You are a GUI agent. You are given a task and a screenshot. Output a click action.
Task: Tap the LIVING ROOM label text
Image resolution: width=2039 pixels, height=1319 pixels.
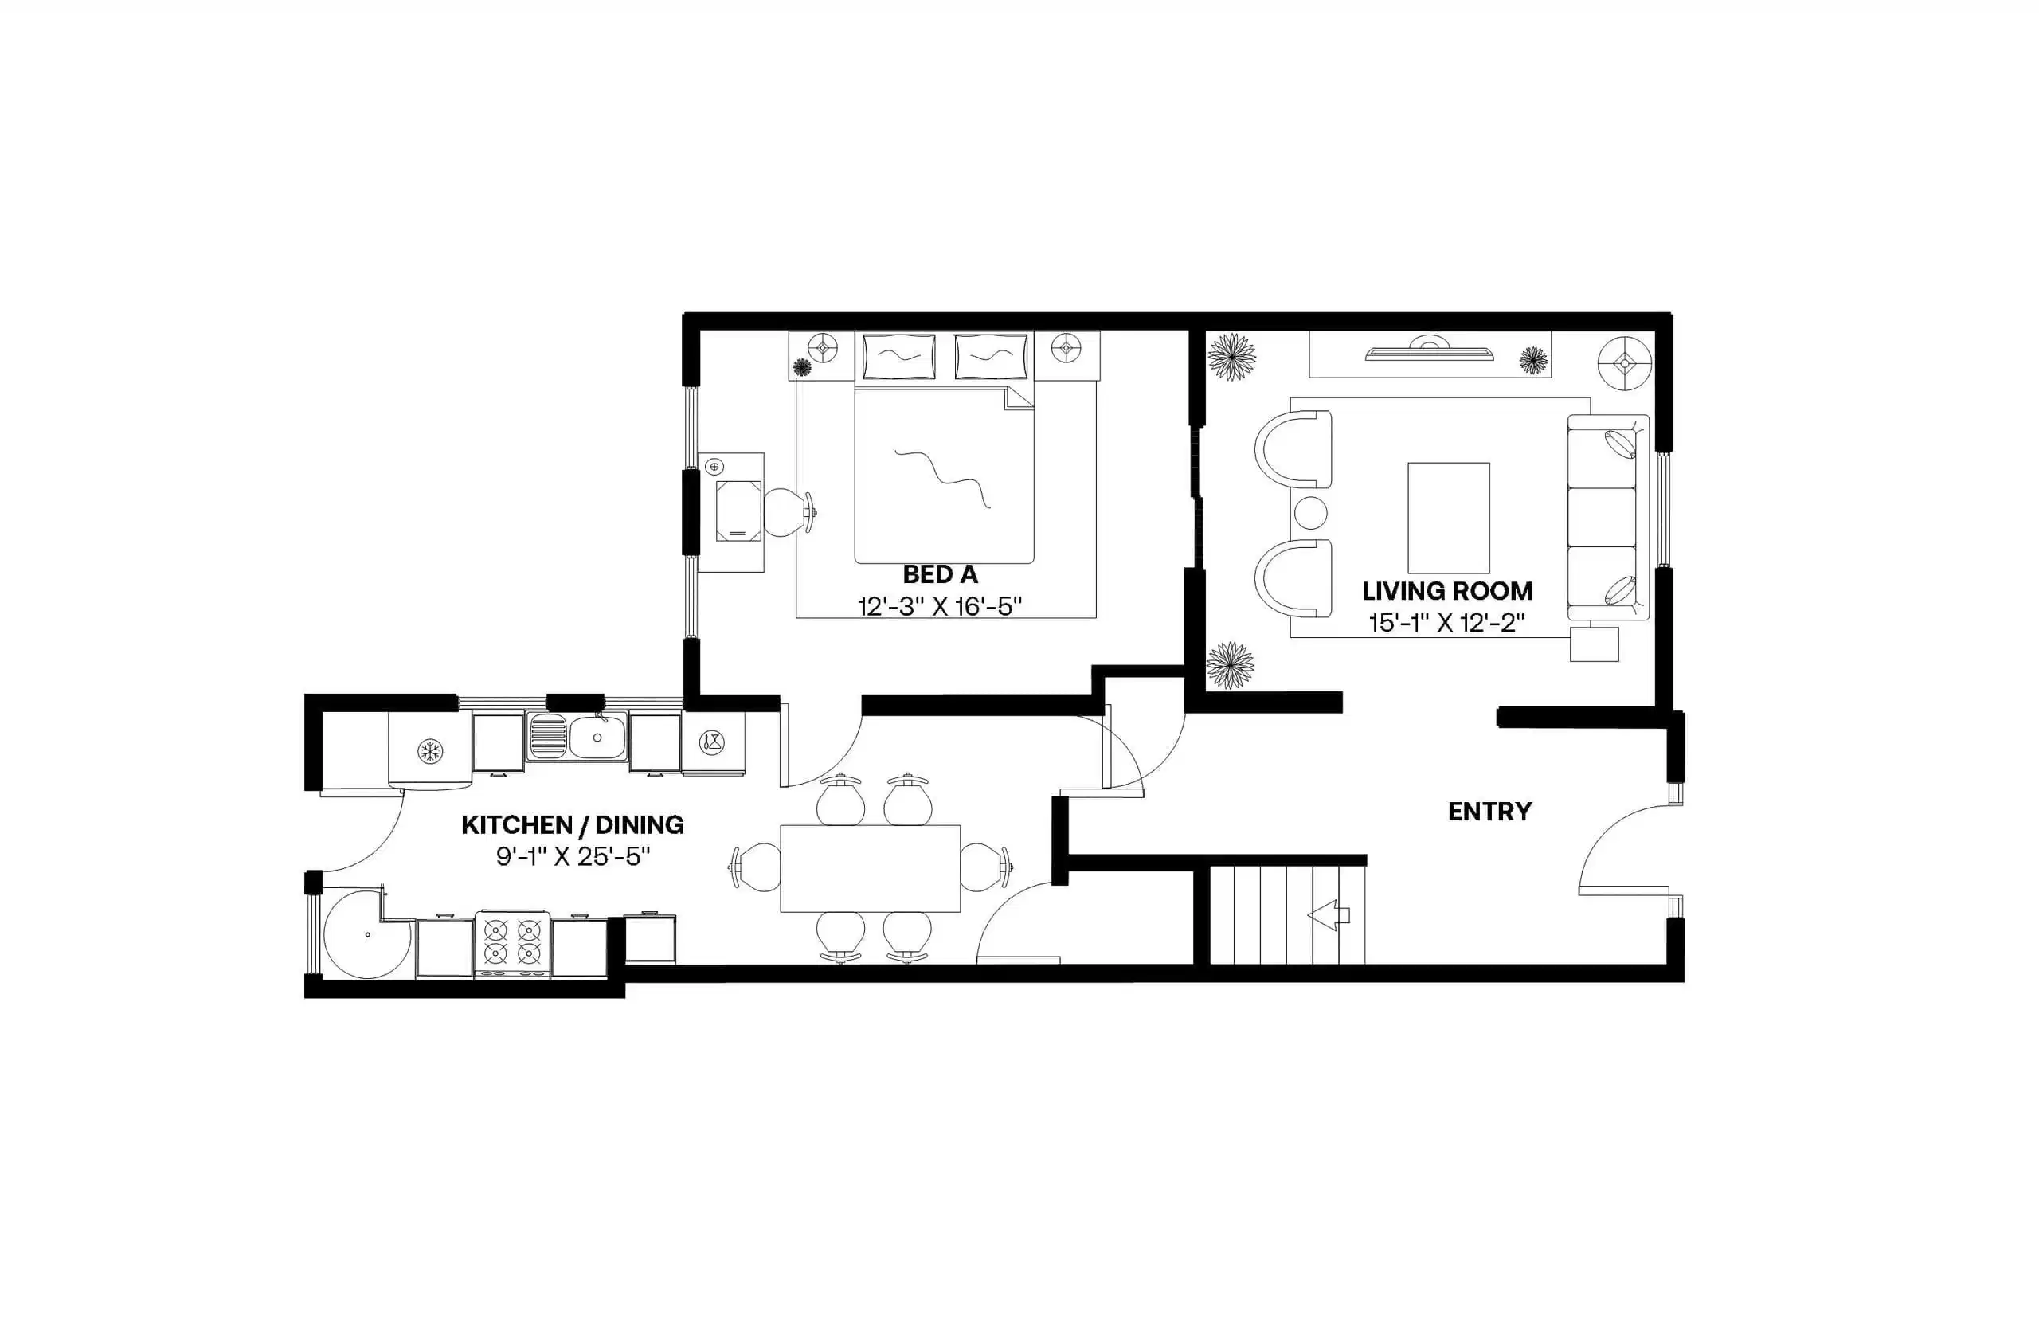pyautogui.click(x=1446, y=591)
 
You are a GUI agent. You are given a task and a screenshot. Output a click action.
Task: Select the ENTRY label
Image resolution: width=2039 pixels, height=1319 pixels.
pyautogui.click(x=1489, y=811)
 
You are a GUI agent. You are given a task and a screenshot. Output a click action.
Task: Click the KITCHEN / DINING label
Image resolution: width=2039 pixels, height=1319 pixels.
pyautogui.click(x=572, y=825)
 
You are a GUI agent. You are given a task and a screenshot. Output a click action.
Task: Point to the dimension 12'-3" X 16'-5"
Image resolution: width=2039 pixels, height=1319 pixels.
pyautogui.click(x=939, y=606)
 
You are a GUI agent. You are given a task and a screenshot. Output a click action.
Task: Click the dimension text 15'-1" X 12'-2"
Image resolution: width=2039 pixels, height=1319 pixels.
pyautogui.click(x=1446, y=623)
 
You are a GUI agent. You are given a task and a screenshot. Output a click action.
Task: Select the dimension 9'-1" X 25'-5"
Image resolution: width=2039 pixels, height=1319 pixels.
pyautogui.click(x=572, y=855)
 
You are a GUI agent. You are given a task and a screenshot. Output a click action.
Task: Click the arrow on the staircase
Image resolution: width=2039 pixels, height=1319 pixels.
pyautogui.click(x=1329, y=914)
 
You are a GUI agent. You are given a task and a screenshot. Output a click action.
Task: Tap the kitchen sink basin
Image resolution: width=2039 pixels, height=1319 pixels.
pyautogui.click(x=597, y=737)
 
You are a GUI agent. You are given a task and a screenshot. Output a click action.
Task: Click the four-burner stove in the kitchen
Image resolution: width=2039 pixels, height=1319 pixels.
pyautogui.click(x=512, y=941)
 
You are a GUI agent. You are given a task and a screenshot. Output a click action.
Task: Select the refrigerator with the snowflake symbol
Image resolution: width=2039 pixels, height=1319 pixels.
pyautogui.click(x=429, y=751)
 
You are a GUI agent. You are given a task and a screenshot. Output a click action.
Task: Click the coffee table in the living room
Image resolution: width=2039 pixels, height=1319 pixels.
pyautogui.click(x=1448, y=517)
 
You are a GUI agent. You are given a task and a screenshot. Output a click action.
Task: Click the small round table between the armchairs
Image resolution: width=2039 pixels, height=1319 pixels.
pyautogui.click(x=1310, y=513)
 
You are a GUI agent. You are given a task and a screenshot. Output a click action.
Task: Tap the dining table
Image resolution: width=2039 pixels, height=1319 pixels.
pyautogui.click(x=869, y=867)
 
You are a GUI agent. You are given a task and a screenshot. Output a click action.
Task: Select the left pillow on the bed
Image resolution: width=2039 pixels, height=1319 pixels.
pyautogui.click(x=898, y=356)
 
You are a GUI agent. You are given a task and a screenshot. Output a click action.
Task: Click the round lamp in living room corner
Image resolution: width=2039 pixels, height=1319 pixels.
pyautogui.click(x=1625, y=363)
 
